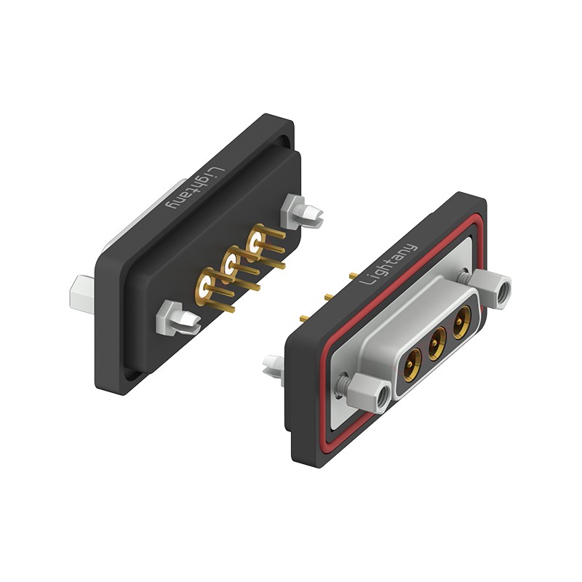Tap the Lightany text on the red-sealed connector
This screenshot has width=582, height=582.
click(x=389, y=265)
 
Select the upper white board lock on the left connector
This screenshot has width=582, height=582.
click(x=303, y=211)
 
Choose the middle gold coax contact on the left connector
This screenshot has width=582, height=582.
click(x=231, y=264)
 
